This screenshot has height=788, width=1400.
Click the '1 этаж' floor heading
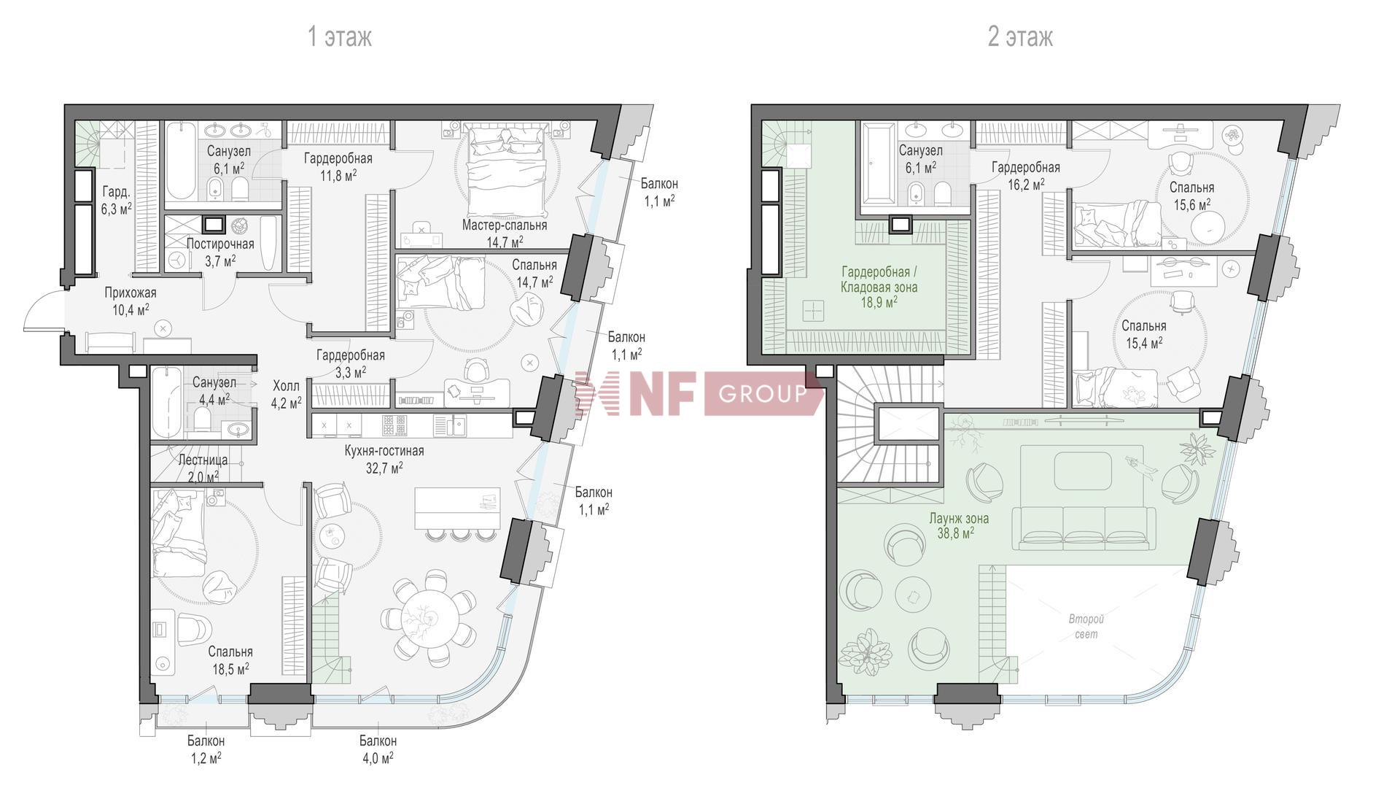340,36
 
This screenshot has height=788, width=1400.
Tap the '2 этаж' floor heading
1020,36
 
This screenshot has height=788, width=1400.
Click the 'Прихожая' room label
131,293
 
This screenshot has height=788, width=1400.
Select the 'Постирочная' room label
220,244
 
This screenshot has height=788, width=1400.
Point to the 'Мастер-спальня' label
505,225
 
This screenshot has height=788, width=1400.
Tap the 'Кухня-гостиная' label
384,451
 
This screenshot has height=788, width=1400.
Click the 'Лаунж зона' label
959,519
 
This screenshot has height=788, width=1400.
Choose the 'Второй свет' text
1086,627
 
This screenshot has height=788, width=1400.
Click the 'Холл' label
286,385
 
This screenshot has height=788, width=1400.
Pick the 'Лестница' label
203,460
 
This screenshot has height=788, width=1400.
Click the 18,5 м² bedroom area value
229,668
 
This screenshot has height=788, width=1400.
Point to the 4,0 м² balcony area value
378,759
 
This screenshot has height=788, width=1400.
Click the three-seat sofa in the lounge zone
1084,528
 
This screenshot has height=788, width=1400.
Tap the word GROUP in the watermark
762,394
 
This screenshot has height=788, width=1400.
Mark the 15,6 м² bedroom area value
1192,206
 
